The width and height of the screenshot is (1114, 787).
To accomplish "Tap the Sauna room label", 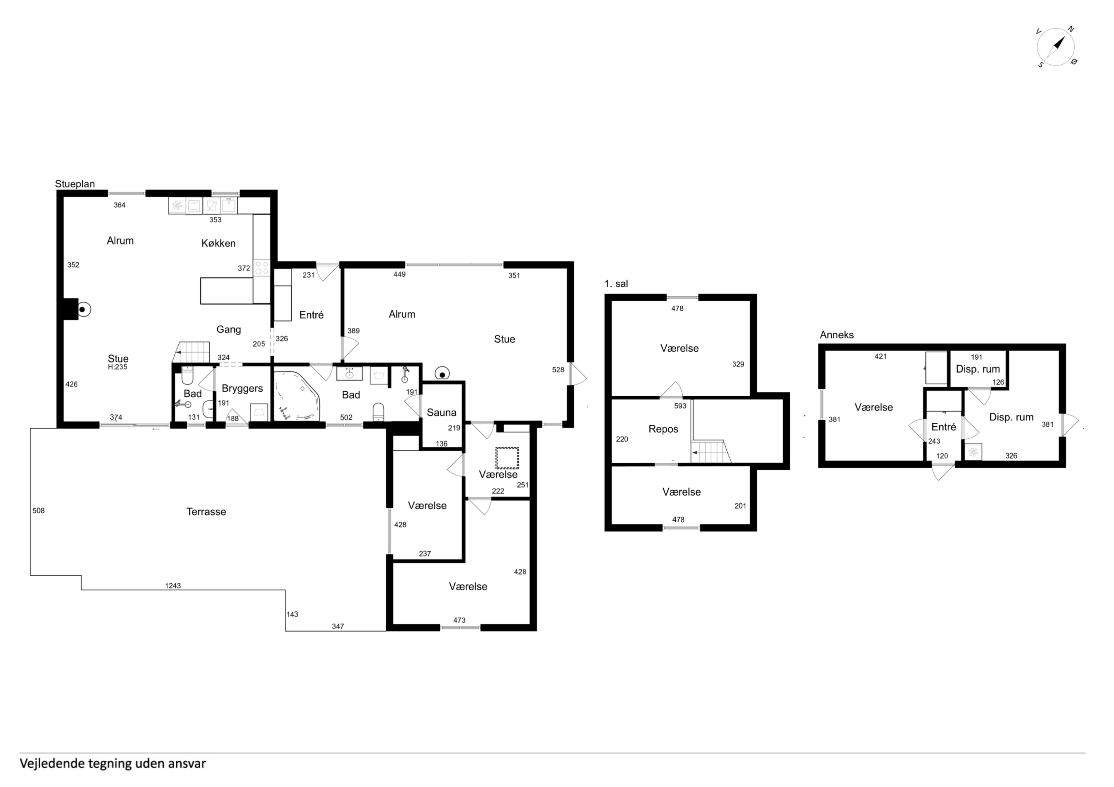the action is click(x=442, y=413).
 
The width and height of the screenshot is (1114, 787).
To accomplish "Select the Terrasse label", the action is click(x=206, y=512).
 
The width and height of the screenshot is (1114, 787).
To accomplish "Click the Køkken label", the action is click(x=218, y=243).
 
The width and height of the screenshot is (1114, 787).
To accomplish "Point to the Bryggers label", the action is click(x=242, y=388).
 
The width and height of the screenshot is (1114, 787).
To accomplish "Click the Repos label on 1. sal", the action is click(x=663, y=429).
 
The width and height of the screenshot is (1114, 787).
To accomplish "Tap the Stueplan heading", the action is click(x=75, y=184).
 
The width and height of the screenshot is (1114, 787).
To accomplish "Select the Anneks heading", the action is click(x=837, y=334).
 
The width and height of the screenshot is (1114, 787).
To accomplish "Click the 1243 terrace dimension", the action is click(x=173, y=586).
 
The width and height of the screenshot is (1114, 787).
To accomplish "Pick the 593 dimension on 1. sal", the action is click(x=680, y=406).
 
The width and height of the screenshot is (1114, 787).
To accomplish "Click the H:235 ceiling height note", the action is click(x=117, y=367).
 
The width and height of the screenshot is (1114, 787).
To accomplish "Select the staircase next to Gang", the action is click(x=192, y=352).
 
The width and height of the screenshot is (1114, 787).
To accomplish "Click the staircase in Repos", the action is click(x=711, y=451).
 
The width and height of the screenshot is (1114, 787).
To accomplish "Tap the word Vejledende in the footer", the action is click(x=53, y=764).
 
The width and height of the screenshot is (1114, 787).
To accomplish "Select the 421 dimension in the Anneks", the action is click(x=881, y=356).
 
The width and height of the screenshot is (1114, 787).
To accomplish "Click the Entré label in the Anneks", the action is click(x=944, y=427).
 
